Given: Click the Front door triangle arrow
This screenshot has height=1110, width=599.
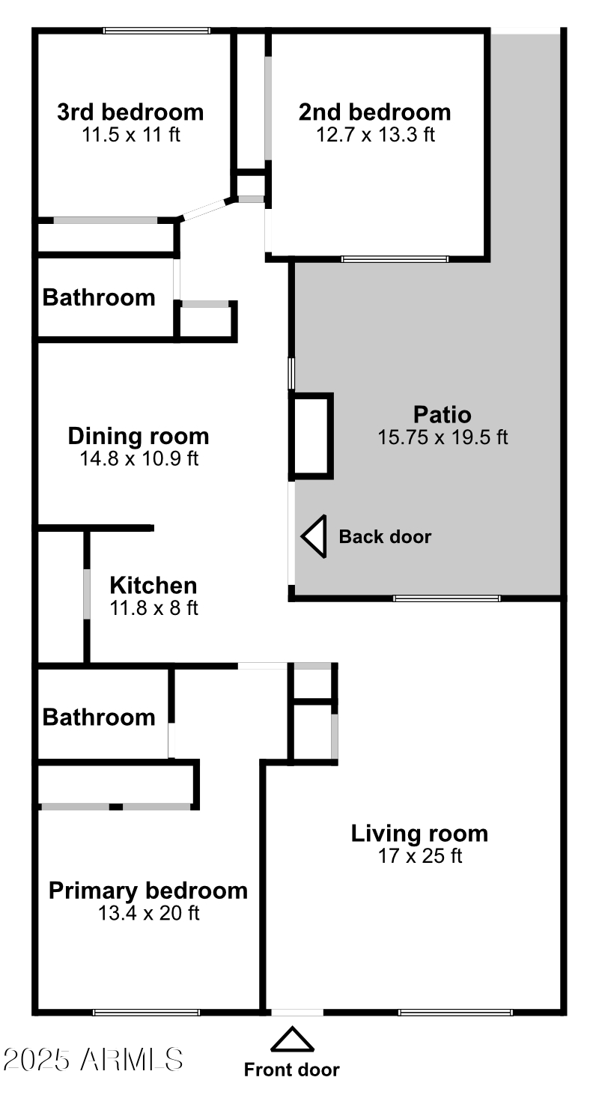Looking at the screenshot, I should click(292, 1041).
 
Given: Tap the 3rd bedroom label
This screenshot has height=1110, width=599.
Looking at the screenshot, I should click(130, 112).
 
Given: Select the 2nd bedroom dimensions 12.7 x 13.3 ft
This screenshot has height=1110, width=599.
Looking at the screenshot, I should click(375, 135).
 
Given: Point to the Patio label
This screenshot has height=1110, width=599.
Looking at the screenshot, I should click(442, 414).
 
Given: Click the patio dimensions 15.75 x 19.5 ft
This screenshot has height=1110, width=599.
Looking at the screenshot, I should click(443, 437).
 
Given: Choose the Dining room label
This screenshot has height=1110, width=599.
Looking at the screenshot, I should click(139, 436).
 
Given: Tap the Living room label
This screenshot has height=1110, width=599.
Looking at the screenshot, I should click(419, 833).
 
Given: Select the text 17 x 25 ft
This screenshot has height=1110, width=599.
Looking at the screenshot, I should click(420, 855).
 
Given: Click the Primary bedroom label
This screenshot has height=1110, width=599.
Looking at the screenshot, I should click(148, 891).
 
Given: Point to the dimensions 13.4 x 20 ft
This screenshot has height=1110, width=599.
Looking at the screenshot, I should click(148, 913).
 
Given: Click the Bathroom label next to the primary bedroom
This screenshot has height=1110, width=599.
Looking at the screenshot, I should click(99, 718).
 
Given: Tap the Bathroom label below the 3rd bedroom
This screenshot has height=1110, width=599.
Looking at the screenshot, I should click(99, 297).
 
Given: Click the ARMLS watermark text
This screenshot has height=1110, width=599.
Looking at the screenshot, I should click(93, 1059).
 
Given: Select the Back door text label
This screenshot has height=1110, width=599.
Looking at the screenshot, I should click(385, 536).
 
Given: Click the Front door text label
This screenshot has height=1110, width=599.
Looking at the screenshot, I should click(292, 1070).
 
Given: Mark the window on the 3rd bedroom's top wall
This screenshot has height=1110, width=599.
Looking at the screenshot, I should click(156, 31).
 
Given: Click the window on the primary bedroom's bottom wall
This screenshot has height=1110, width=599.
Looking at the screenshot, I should click(147, 1013).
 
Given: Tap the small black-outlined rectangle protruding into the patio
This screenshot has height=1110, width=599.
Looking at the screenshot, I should click(311, 435).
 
